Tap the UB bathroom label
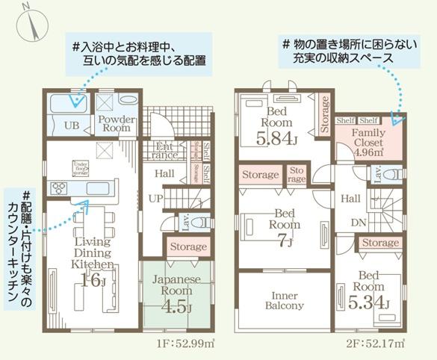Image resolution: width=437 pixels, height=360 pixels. [72, 125]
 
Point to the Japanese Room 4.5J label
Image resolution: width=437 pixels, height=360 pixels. [177, 297]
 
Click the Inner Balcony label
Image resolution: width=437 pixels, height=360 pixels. [284, 300]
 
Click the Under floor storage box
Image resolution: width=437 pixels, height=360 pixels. [81, 167]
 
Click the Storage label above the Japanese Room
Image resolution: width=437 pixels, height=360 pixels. [188, 246]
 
